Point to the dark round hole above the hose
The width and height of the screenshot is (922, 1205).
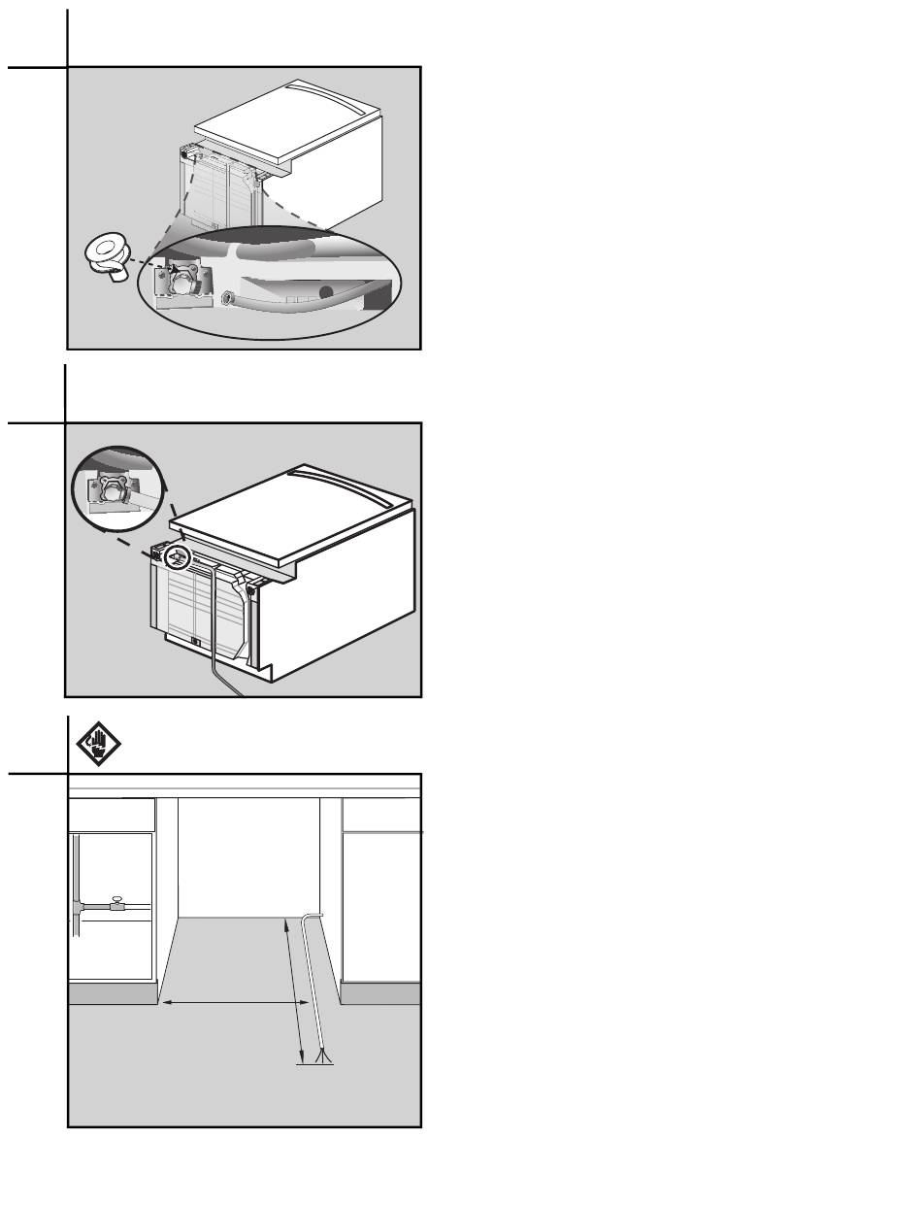tap(328, 291)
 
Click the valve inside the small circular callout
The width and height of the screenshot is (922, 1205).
tap(111, 493)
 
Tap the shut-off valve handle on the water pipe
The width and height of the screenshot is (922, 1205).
tap(116, 899)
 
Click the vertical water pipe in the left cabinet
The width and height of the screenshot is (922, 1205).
tap(75, 884)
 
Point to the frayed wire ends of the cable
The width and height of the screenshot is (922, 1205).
tap(321, 1055)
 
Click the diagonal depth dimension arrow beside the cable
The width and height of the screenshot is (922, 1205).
tap(294, 990)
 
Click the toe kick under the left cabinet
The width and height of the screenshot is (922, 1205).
tap(113, 993)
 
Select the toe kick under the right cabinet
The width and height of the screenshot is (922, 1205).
tap(380, 993)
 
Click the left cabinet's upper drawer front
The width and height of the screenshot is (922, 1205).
tap(113, 815)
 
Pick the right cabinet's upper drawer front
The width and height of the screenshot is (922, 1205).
tap(381, 815)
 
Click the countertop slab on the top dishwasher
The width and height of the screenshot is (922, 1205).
tap(286, 126)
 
